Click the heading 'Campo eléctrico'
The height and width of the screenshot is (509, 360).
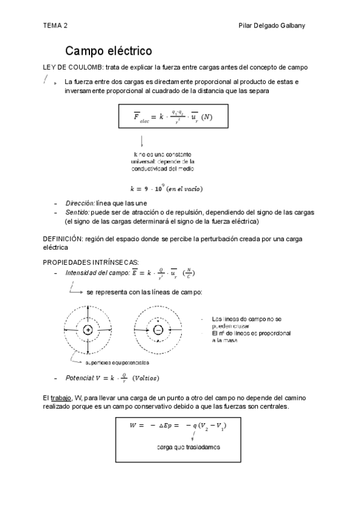point(108,50)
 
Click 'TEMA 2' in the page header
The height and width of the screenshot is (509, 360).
point(55,26)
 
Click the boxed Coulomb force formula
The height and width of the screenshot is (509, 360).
point(173,116)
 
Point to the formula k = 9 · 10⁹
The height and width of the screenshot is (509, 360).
point(166,189)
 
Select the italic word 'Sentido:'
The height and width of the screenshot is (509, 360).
point(77,212)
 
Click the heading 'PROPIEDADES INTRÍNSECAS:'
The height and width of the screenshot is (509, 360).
point(91,262)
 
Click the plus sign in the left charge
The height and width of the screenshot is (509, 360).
point(88,330)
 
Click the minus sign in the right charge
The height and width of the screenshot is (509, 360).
point(158,330)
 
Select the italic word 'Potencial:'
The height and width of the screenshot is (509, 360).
point(79,378)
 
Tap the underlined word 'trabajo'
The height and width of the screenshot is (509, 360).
point(61,398)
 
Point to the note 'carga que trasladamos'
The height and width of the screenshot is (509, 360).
point(188,448)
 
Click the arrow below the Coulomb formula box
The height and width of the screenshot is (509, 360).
point(142,142)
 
